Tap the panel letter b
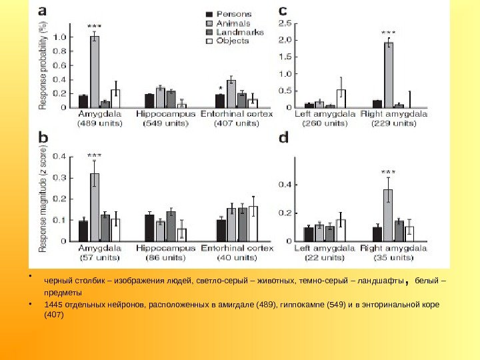44,137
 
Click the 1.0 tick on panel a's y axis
63,37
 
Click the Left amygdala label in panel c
325,115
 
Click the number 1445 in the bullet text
53,305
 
